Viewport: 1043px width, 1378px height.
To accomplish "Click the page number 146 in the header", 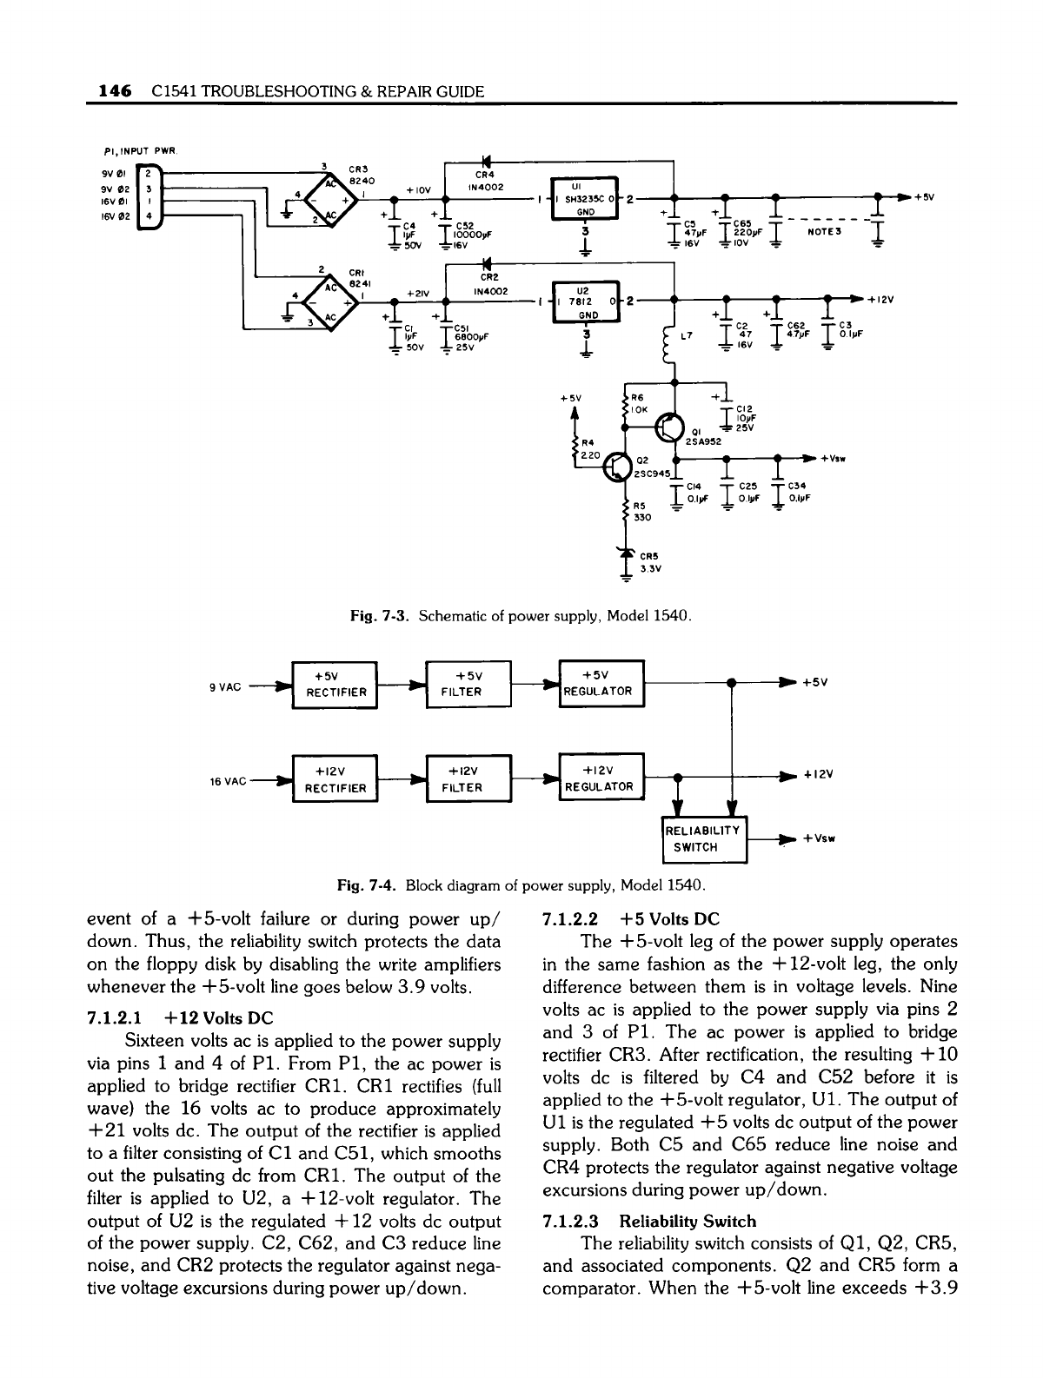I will click(x=115, y=91).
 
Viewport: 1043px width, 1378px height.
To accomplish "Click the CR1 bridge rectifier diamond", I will click(x=316, y=302).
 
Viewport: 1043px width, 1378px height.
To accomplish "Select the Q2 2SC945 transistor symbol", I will click(x=618, y=467).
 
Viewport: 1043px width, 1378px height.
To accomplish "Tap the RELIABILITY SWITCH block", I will click(x=704, y=838).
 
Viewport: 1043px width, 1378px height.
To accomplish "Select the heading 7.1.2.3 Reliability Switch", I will click(x=648, y=1221).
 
